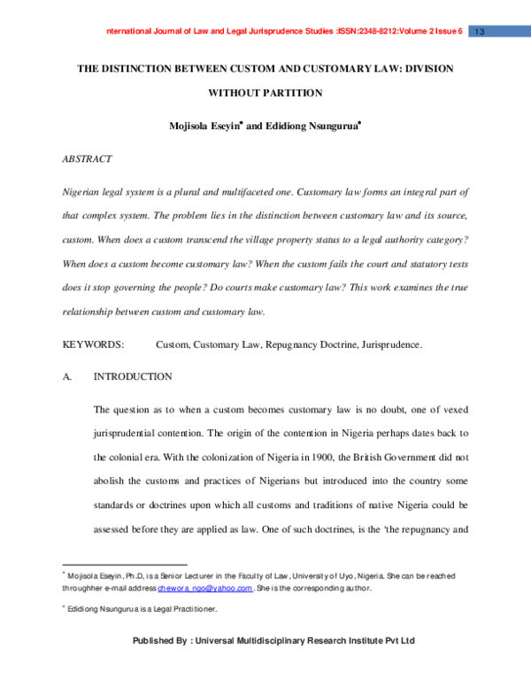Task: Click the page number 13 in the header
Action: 481,32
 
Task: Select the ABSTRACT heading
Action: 87,158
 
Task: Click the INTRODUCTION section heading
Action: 133,376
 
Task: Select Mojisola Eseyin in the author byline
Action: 203,127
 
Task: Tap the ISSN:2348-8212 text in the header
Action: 366,32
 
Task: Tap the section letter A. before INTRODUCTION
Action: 66,376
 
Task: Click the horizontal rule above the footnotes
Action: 124,564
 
